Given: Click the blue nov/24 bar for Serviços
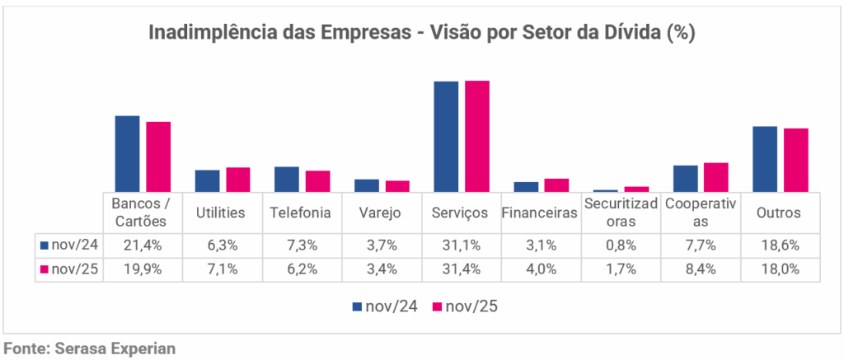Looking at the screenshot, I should click(446, 137).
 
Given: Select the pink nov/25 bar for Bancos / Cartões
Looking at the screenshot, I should click(158, 157).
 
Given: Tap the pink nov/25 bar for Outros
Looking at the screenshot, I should click(796, 160).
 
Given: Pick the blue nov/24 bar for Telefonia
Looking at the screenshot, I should click(287, 179).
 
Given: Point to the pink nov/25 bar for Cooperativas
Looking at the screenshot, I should click(716, 177).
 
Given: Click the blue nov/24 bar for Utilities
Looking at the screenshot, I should click(207, 180).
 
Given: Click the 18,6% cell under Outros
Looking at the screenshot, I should click(780, 245).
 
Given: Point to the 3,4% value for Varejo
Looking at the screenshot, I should click(380, 269).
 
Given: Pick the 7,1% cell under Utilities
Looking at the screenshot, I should click(220, 269).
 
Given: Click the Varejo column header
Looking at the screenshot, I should click(380, 213).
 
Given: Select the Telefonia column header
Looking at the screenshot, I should click(300, 213).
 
